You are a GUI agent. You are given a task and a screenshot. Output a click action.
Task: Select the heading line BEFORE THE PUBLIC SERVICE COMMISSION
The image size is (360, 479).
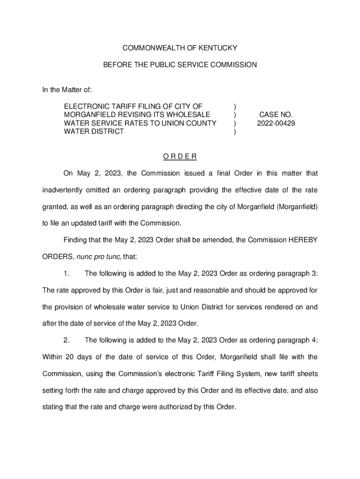click(x=180, y=65)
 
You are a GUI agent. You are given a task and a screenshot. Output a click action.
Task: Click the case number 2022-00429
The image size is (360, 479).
click(x=276, y=123)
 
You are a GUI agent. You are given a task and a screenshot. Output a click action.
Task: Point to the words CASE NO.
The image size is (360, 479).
click(x=276, y=115)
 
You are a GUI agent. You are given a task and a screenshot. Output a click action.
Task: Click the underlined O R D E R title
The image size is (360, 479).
click(x=180, y=156)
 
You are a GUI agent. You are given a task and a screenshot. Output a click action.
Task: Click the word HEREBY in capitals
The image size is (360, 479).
click(x=303, y=240)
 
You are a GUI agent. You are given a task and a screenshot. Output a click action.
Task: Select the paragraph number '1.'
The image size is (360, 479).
click(x=67, y=274)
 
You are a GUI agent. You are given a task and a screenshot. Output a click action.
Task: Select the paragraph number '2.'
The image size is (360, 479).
click(x=67, y=340)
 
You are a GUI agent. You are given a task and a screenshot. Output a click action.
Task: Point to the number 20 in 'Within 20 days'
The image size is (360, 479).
click(x=70, y=357)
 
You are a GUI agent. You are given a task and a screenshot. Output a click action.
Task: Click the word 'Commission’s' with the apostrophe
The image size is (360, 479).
click(x=143, y=373)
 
